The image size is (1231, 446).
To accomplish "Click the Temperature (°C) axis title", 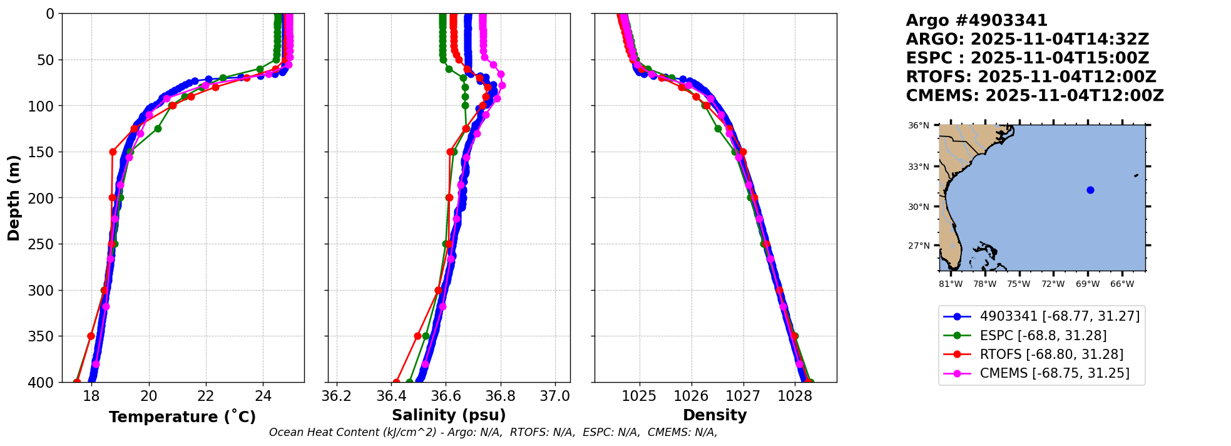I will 182,417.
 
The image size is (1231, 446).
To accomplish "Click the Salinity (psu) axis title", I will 449,415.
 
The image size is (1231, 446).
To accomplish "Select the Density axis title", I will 715,415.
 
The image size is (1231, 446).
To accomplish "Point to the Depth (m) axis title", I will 14,198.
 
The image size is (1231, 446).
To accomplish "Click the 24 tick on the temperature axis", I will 263,396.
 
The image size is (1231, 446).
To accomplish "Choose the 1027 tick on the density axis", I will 743,396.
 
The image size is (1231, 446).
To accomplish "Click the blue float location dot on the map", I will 1090,190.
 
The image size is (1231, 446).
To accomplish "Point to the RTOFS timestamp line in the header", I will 1031,77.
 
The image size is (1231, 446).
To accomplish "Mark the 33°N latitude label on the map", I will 919,167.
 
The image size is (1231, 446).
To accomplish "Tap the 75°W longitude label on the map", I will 1018,284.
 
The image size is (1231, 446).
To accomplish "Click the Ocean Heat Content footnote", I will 493,432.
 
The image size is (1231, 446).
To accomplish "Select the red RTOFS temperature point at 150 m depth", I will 113,152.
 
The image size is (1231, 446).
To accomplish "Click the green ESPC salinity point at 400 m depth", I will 409,381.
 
